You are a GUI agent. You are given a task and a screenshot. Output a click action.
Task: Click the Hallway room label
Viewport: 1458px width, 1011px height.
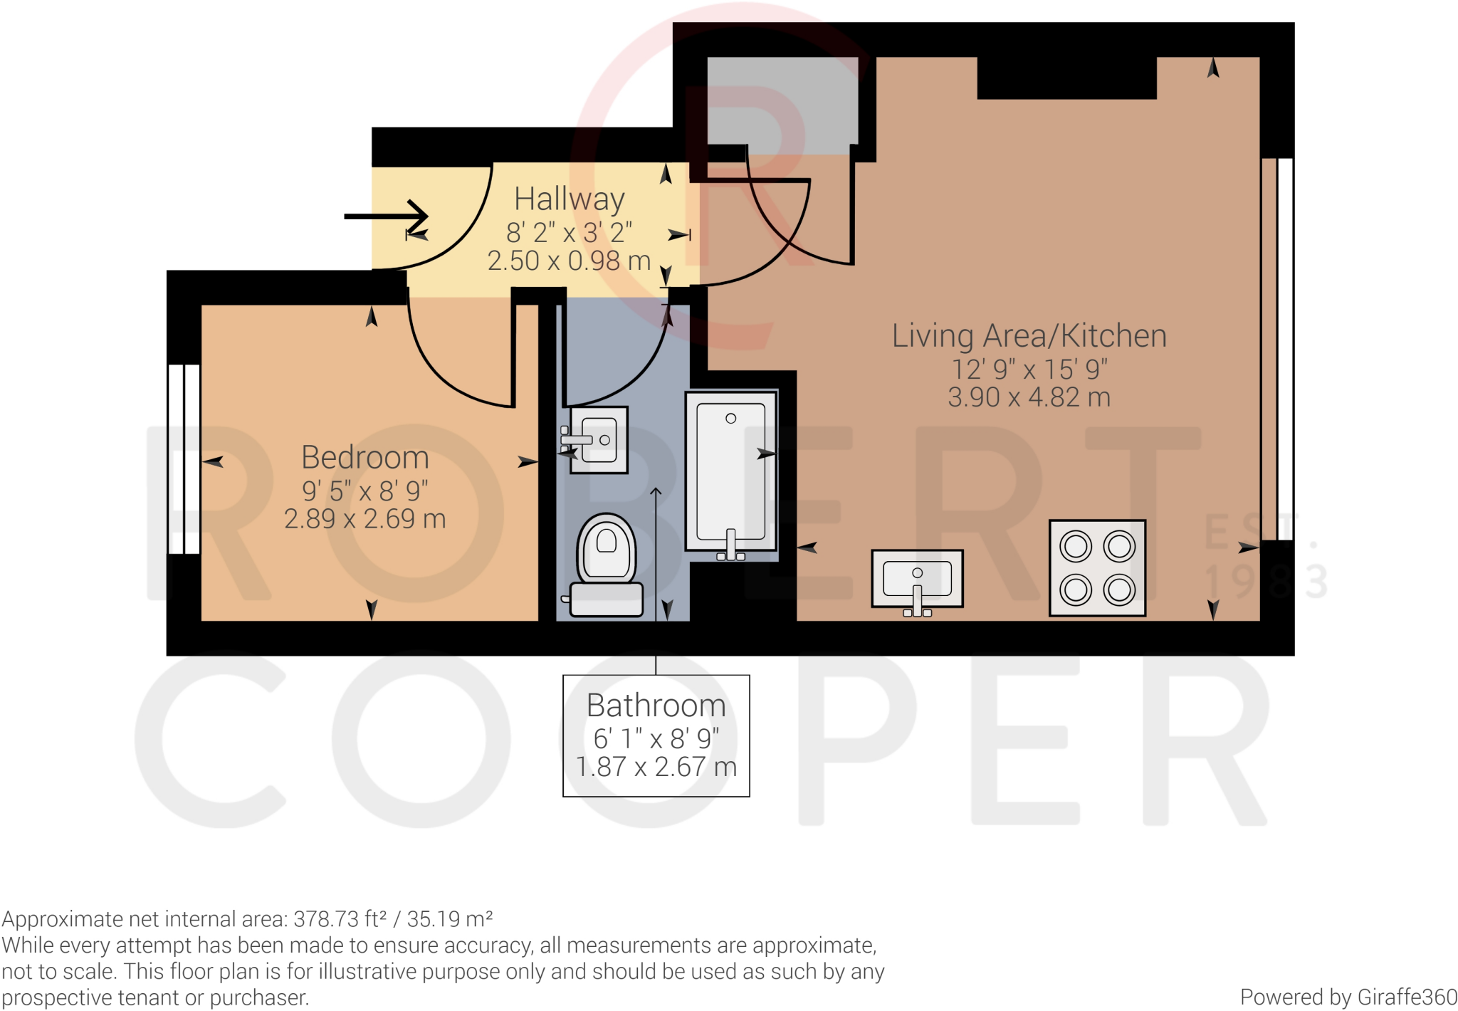click(x=570, y=199)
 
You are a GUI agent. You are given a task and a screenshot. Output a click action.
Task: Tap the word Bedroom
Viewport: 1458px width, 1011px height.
click(x=365, y=457)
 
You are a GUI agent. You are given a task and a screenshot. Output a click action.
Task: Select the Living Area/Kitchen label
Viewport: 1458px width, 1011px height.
click(x=1029, y=336)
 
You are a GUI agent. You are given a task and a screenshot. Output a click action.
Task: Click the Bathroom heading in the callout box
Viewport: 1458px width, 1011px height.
click(x=656, y=706)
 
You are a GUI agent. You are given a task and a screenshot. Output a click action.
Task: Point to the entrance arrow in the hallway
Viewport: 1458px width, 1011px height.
click(x=386, y=216)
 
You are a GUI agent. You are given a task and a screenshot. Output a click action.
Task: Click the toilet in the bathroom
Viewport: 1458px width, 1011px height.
click(x=606, y=565)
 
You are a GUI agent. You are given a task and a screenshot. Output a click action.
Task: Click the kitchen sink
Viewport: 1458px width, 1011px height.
click(x=918, y=580)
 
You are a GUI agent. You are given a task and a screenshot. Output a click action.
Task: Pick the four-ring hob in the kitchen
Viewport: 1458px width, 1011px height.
click(x=1098, y=567)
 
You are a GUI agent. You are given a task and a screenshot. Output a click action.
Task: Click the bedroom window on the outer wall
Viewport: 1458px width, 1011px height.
click(x=184, y=459)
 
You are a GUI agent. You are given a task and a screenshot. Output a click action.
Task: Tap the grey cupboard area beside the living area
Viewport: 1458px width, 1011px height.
click(x=782, y=105)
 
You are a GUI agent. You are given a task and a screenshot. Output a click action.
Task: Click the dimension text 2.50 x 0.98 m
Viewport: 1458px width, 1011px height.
click(x=570, y=261)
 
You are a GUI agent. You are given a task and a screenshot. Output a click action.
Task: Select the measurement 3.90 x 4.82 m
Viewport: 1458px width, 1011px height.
click(x=1029, y=397)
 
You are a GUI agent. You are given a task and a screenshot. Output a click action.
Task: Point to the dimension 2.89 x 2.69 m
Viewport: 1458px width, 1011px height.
click(x=365, y=519)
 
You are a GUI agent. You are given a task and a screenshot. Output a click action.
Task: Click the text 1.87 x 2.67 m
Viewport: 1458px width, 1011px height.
click(x=656, y=767)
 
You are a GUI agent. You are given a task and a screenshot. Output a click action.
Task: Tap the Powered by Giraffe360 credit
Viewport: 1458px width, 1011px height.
click(x=1348, y=997)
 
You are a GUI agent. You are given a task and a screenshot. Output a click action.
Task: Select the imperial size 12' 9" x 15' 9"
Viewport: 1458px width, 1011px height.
click(x=1029, y=370)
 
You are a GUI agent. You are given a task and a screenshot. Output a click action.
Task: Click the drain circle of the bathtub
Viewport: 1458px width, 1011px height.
click(x=730, y=419)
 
